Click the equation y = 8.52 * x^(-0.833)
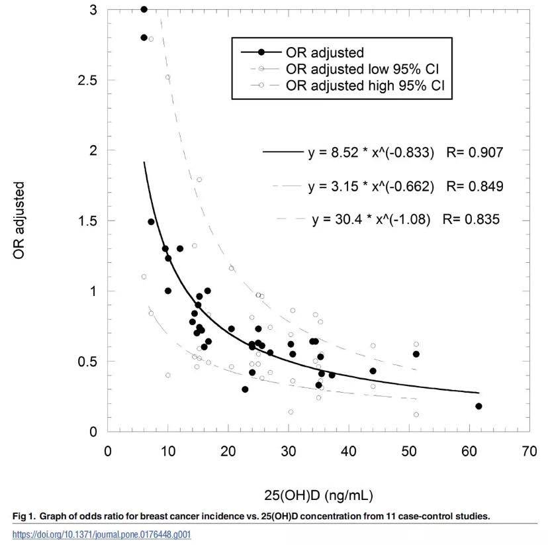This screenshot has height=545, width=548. point(371,152)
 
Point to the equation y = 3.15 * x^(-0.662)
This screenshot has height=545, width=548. point(371,186)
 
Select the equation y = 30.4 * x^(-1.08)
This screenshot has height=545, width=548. point(375,219)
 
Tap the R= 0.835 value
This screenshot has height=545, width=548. point(475,219)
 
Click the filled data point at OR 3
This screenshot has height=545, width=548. point(144,9)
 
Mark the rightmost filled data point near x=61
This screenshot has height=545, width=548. point(479,406)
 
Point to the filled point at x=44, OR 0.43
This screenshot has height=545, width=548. point(373,371)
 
